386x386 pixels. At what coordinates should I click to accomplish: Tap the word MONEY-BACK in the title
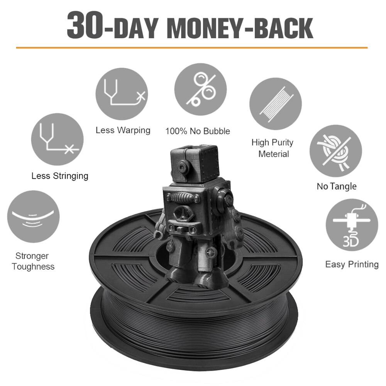(240, 29)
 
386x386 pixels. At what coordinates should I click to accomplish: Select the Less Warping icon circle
(122, 94)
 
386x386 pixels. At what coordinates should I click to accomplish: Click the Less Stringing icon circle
(58, 140)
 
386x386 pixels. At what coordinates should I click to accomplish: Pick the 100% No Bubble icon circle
(201, 89)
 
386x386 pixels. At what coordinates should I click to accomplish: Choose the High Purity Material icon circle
(276, 104)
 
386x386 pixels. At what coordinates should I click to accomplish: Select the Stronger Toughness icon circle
(33, 217)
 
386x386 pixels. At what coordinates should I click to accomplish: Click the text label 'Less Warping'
(123, 130)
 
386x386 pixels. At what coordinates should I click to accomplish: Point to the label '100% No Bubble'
(198, 131)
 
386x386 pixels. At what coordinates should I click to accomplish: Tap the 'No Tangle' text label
(337, 186)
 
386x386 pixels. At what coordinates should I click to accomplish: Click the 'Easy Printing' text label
(352, 265)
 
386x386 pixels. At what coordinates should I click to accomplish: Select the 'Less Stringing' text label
(60, 176)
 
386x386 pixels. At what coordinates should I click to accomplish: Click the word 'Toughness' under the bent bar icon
(33, 267)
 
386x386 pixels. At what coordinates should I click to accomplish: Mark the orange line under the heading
(192, 47)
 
